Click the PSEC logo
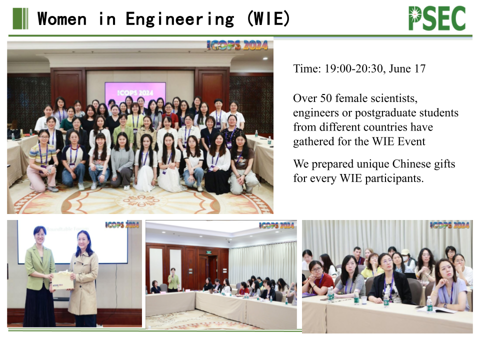pyautogui.click(x=437, y=18)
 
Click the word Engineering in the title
pyautogui.click(x=180, y=19)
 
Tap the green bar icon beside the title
pyautogui.click(x=20, y=18)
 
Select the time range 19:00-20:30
pyautogui.click(x=353, y=68)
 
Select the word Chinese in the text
pyautogui.click(x=411, y=164)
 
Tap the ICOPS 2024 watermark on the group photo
pyautogui.click(x=237, y=45)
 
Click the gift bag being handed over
pyautogui.click(x=63, y=280)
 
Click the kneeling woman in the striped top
pyautogui.click(x=42, y=160)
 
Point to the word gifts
pyautogui.click(x=445, y=164)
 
